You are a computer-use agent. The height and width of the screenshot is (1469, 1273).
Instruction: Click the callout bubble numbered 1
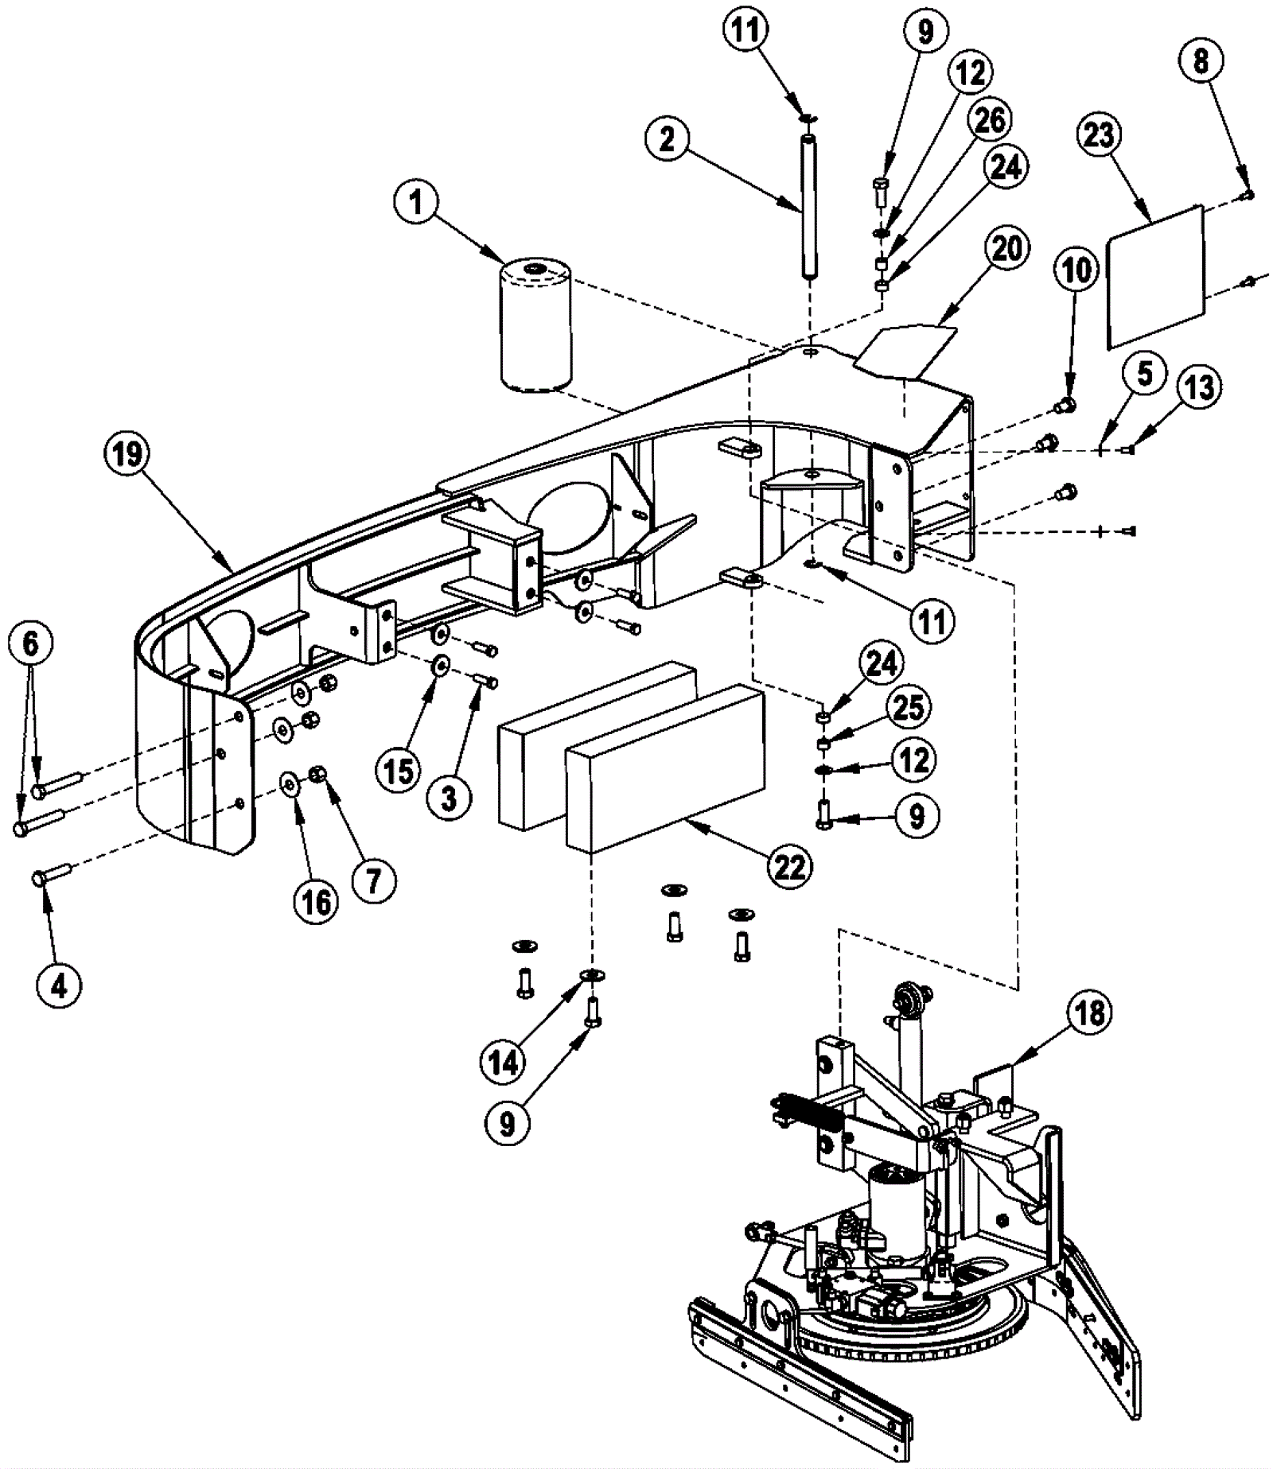coord(416,202)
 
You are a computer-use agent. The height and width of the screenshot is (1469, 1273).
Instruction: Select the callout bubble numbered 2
coord(667,139)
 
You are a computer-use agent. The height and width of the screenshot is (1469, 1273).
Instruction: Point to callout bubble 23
coord(1099,135)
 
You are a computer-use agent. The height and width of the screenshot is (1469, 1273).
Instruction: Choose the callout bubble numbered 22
coord(789,866)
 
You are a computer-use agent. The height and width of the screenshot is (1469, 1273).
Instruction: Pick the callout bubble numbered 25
coord(909,707)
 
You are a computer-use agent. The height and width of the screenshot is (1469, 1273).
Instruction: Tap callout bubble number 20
coord(1007,249)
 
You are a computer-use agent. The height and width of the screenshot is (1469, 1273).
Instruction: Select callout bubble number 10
coord(1076,270)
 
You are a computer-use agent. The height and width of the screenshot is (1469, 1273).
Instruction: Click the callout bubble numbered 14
coord(504,1062)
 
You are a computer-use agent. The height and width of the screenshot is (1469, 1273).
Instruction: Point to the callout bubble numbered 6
coord(30,643)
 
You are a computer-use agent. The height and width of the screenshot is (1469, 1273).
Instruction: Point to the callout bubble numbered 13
coord(1198,387)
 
